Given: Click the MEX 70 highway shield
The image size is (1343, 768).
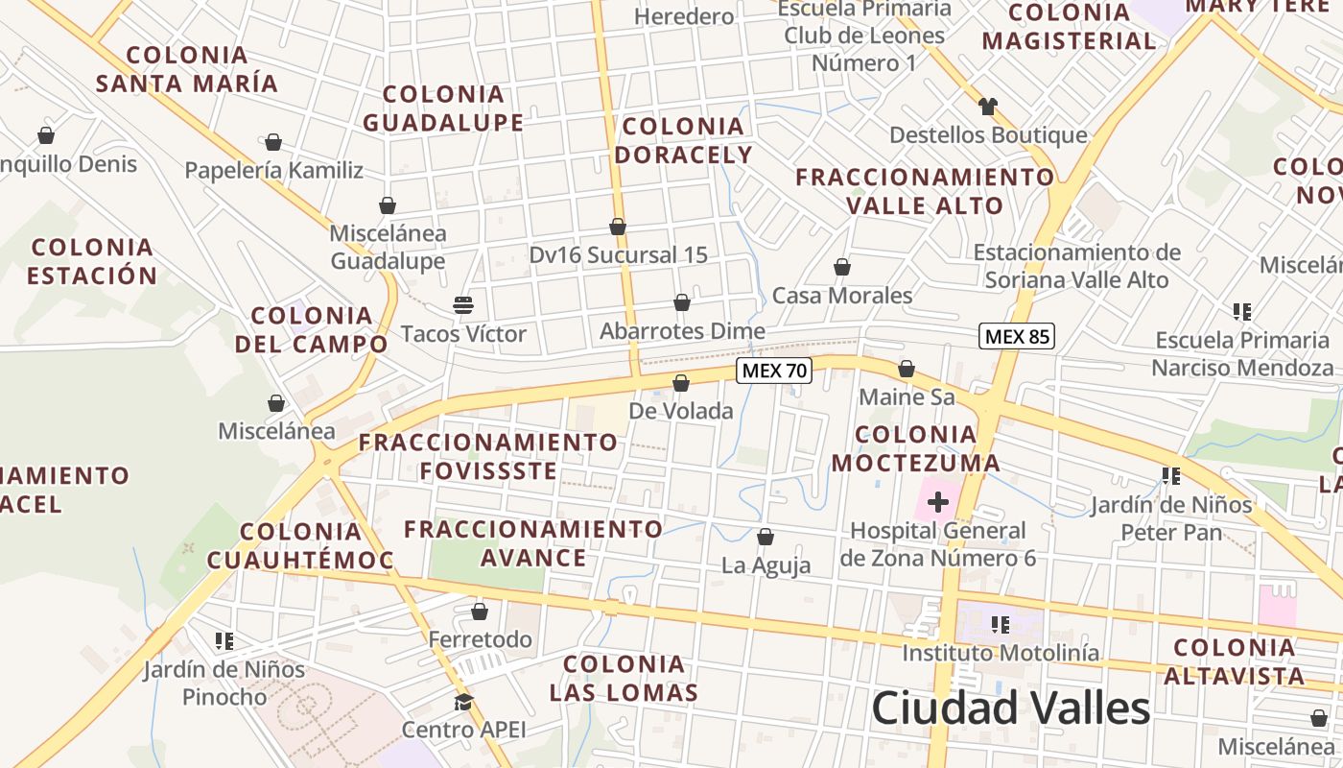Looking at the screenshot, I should tap(774, 371).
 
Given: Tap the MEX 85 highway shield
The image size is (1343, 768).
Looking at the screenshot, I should tap(1017, 336).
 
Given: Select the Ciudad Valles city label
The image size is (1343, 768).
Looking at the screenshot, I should tap(1010, 708).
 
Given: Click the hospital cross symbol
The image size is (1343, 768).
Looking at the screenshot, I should tap(938, 501).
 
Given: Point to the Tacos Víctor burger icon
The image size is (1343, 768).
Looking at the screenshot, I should tap(463, 306).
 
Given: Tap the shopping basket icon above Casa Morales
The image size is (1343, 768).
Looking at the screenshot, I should tap(842, 267).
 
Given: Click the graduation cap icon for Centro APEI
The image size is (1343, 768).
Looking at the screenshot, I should tap(463, 702).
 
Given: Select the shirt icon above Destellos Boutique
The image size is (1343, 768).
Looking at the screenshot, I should tap(988, 106).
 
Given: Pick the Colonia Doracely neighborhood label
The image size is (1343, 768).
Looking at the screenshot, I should tap(684, 140).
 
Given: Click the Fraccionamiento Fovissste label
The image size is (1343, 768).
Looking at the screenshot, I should tap(488, 456).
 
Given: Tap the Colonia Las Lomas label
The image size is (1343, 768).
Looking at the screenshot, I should tap(624, 678).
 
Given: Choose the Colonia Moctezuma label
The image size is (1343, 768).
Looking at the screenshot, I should tap(915, 448).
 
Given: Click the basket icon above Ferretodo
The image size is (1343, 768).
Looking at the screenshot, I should tap(480, 612).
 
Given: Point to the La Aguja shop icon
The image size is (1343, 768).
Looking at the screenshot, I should tap(766, 537).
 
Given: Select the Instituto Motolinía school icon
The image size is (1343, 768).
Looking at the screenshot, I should tap(1001, 625).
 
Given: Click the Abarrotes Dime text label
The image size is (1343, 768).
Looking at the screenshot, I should tap(682, 332).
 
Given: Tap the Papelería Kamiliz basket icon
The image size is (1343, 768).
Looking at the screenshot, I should tap(273, 143).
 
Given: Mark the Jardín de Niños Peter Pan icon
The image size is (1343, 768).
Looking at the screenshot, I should tap(1170, 475).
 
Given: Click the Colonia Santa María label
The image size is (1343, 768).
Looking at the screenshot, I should tap(187, 69).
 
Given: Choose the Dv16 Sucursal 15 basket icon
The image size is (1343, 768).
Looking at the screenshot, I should tap(618, 227).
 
